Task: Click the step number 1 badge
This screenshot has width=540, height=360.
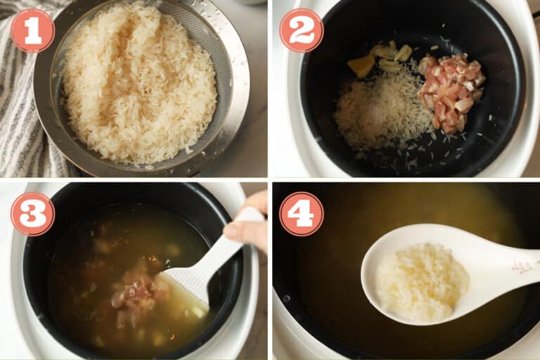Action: tap(32, 30)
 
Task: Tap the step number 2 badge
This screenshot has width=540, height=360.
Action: tap(302, 30)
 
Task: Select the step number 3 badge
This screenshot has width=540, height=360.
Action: tap(32, 214)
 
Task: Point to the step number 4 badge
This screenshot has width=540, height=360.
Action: tap(302, 214)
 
